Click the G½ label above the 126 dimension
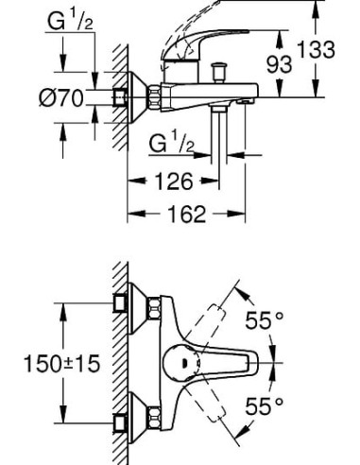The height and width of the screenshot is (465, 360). click(173, 143)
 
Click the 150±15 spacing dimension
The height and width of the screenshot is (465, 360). click(62, 362)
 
